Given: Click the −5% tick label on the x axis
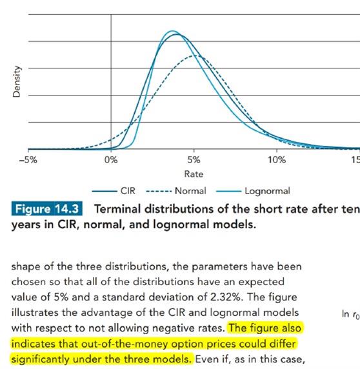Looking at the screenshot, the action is (28, 160).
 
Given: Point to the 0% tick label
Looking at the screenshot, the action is (111, 160).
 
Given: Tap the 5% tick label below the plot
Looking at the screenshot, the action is (194, 160).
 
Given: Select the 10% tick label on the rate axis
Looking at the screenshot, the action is (277, 160).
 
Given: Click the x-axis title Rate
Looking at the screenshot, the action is (194, 174).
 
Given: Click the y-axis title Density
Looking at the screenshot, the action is (17, 81).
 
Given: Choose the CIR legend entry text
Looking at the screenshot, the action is (128, 191).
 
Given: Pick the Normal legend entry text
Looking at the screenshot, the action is (190, 191).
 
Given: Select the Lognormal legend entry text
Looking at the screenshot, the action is (267, 191).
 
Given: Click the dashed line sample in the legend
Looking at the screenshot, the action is (159, 192).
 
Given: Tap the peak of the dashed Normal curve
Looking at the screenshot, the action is (195, 55).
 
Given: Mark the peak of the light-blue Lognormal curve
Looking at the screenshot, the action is (173, 31).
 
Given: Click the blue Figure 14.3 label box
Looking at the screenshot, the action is (47, 208).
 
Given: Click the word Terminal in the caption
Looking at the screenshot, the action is (117, 209).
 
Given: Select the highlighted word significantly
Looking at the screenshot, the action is (40, 359).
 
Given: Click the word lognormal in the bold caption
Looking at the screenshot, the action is (181, 224).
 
